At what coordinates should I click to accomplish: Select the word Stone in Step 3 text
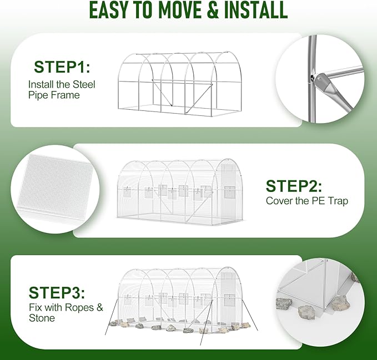[x=42, y=318]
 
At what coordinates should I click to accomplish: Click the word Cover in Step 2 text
[x=279, y=201]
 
